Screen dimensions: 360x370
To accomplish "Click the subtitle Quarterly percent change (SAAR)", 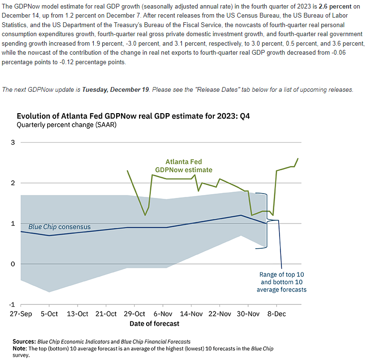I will click(66, 125).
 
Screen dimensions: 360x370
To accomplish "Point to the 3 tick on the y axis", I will click(13, 142).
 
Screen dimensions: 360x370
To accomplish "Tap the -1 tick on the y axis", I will click(12, 304).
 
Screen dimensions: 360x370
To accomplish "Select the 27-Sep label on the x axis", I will click(21, 314).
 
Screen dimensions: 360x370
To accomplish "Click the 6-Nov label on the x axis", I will click(163, 314).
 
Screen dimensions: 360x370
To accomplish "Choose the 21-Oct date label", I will click(106, 314).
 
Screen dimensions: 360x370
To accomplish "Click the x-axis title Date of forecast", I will click(154, 323).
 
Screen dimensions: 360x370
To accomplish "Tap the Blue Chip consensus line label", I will click(60, 227).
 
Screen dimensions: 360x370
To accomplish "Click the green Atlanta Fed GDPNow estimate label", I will click(183, 165).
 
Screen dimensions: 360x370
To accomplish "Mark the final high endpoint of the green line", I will click(298, 158).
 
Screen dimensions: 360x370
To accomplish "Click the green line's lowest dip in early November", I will click(145, 215).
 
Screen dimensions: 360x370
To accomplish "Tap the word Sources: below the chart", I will click(24, 341).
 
